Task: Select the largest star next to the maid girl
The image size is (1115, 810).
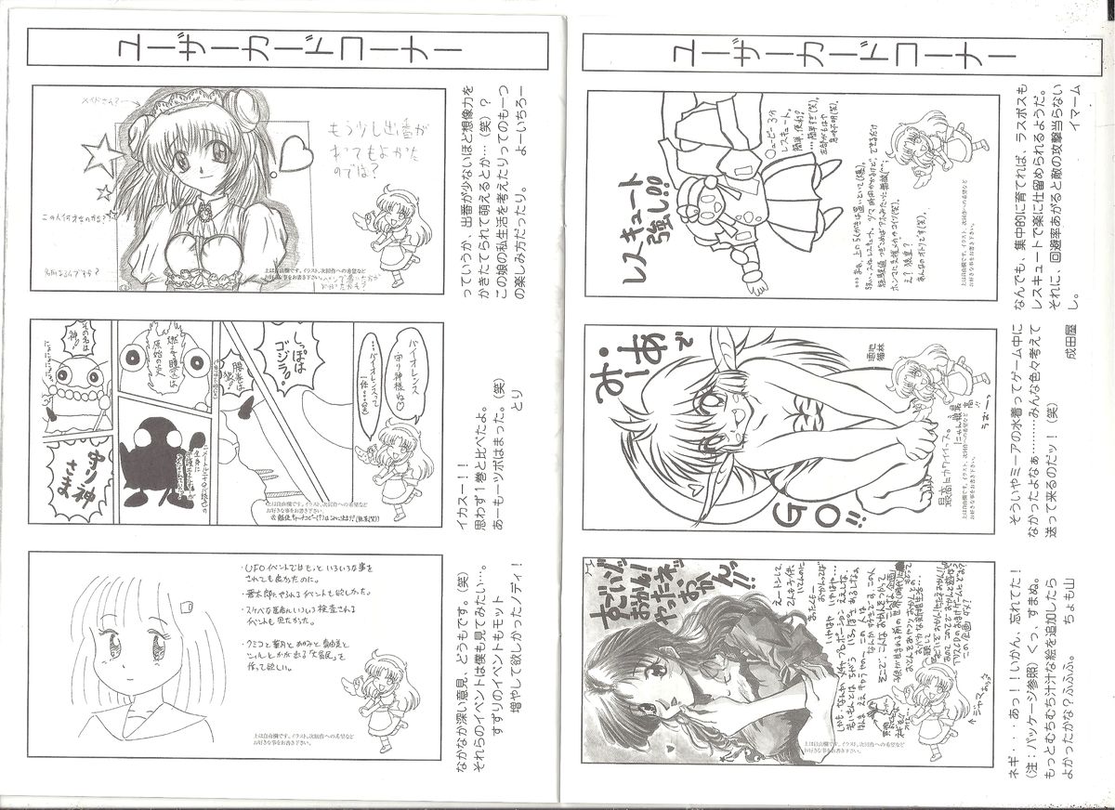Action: (x=102, y=156)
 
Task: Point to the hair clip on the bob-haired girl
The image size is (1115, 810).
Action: (x=186, y=607)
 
